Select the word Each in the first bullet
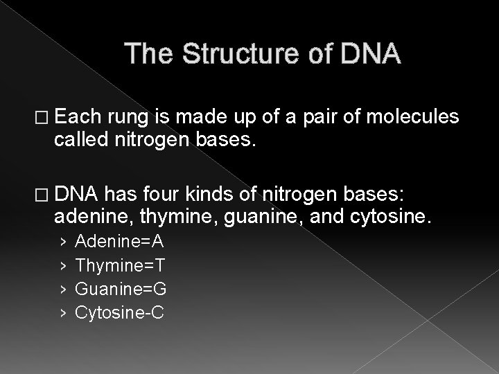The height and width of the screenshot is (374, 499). tap(81, 119)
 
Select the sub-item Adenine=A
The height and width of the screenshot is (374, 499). tap(119, 241)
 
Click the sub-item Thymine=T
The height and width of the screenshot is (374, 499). tap(119, 265)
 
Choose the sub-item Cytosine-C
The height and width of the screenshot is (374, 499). tap(119, 313)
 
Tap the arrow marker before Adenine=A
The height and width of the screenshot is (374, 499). tap(63, 242)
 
